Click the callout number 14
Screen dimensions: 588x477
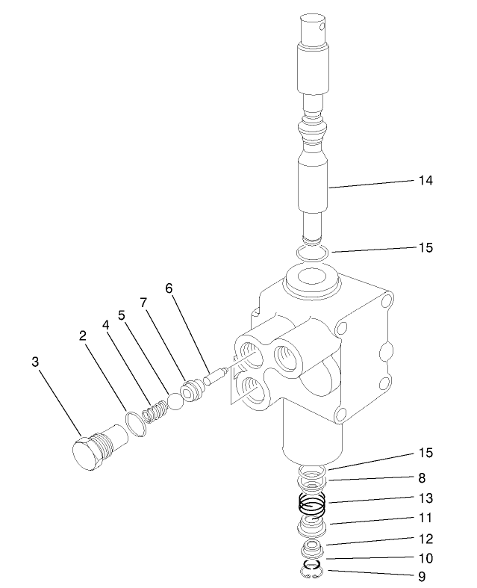pyautogui.click(x=425, y=180)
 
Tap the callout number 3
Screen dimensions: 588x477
pyautogui.click(x=34, y=361)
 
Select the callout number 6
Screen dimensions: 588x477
pyautogui.click(x=169, y=288)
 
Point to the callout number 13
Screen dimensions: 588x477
pyautogui.click(x=425, y=498)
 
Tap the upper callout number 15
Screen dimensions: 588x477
pyautogui.click(x=425, y=247)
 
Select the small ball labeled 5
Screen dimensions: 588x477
pyautogui.click(x=175, y=401)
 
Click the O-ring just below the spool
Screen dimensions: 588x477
pyautogui.click(x=311, y=253)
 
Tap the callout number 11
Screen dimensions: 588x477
pyautogui.click(x=425, y=517)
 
